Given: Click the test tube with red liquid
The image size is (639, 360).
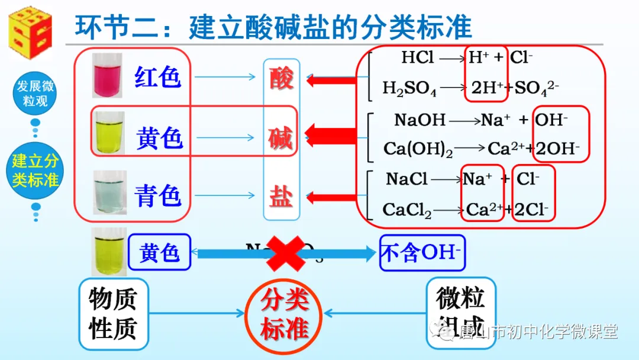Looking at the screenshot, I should pyautogui.click(x=107, y=75).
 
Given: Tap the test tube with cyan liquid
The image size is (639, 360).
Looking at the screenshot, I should pyautogui.click(x=109, y=192).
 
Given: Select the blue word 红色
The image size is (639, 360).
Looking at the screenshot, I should pyautogui.click(x=157, y=77).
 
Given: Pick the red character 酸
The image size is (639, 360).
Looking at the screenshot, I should pyautogui.click(x=282, y=78).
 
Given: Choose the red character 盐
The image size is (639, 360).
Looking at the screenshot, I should pyautogui.click(x=281, y=196).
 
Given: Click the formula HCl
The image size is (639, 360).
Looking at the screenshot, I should pyautogui.click(x=418, y=57).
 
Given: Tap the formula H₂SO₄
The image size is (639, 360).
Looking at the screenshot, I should pyautogui.click(x=409, y=89).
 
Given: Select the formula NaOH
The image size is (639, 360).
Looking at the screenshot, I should pyautogui.click(x=419, y=120).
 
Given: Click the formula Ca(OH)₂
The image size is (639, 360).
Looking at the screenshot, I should pyautogui.click(x=418, y=149).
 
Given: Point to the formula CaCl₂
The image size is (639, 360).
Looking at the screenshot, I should pyautogui.click(x=407, y=209).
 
